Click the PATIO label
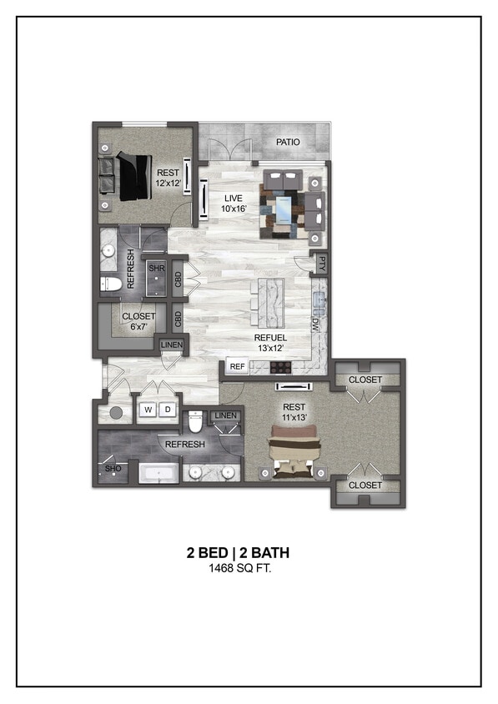(x=288, y=142)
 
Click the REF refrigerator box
(x=238, y=366)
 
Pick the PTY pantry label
(x=321, y=264)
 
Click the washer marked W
(x=148, y=410)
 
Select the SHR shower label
(x=156, y=269)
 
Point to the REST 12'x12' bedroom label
(x=168, y=179)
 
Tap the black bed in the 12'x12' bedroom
(x=133, y=176)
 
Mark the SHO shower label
(x=112, y=470)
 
